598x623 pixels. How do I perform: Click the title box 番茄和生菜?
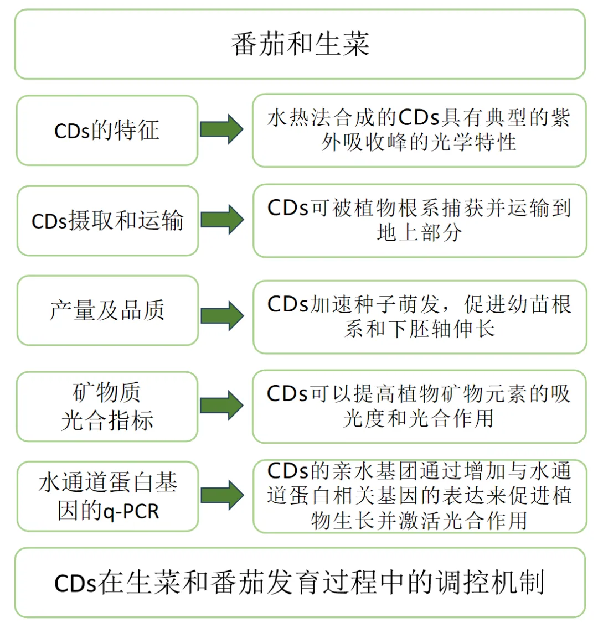point(300,44)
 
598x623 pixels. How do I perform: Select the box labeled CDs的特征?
point(107,131)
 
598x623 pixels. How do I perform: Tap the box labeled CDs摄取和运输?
point(107,221)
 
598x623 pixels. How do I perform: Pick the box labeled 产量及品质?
point(107,310)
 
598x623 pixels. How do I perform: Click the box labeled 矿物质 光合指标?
point(107,407)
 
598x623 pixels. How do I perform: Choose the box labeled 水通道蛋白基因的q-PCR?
point(107,496)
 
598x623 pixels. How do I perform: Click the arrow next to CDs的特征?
point(221,129)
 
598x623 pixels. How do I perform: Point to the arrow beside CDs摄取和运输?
point(221,220)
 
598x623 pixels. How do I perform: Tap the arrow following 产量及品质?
point(221,315)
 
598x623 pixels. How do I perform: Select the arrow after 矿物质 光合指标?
point(221,406)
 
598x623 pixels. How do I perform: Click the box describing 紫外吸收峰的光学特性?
point(419,131)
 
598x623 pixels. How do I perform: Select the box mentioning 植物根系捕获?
point(419,221)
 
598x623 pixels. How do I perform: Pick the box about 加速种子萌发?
point(419,316)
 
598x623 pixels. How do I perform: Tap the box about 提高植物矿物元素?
point(419,407)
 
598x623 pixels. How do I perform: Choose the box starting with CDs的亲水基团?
point(419,496)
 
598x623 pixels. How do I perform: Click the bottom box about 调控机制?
point(300,582)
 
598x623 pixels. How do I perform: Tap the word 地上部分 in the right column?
point(419,233)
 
